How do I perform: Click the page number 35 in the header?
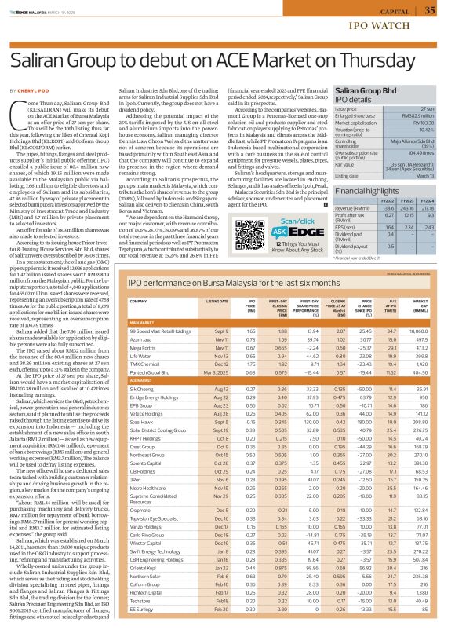point(430,10)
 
